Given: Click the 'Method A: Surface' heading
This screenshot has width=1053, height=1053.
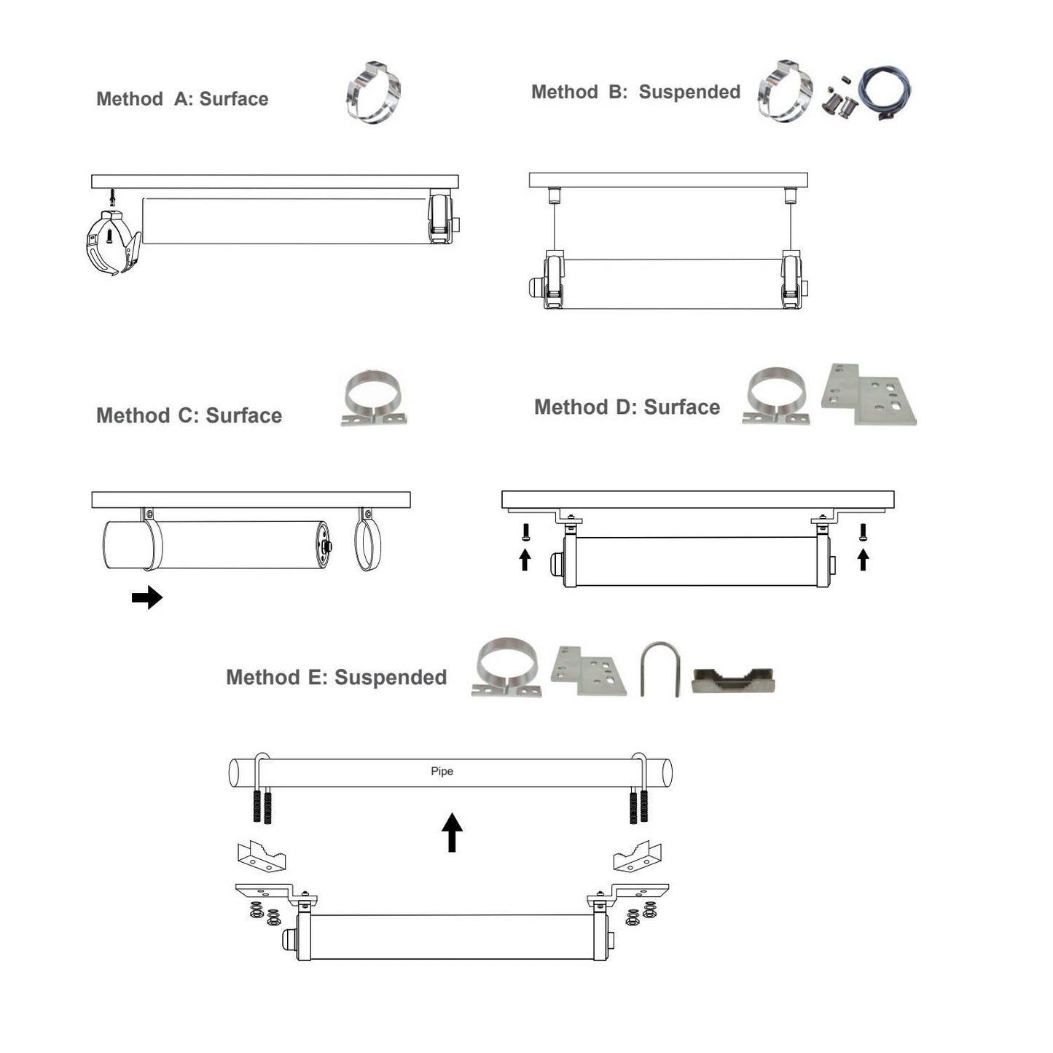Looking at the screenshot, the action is pos(182,99).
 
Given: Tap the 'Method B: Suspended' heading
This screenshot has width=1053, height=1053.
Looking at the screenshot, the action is pos(635,92).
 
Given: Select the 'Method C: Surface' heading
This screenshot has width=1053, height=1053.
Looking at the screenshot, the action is pos(189,415).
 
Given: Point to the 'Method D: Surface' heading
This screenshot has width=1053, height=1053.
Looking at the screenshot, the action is pos(627,407).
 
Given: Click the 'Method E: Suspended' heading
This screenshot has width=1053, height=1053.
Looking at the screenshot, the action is pos(336,677).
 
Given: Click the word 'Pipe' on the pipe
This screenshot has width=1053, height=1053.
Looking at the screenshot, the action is pos(442,771).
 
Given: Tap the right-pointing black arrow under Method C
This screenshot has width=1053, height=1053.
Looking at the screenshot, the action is pos(147,598).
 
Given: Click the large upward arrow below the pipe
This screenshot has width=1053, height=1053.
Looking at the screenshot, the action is pos(452,832).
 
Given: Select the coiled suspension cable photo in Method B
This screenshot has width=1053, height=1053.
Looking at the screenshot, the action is pos(885,92).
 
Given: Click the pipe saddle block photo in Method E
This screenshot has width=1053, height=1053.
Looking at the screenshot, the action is pos(733,681).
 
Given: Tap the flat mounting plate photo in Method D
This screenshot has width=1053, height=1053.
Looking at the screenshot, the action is pos(869,394).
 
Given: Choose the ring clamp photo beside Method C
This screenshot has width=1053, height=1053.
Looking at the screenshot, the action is pos(375,397).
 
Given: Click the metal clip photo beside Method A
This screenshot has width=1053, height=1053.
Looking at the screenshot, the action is pos(374,92).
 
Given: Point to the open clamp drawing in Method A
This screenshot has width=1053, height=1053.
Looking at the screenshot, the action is pos(113,242).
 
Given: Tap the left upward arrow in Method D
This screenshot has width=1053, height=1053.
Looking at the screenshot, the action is pos(525,560).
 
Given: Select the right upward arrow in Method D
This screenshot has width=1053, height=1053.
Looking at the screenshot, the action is pos(863,560).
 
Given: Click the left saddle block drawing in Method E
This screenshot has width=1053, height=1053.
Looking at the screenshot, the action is pos(261,856).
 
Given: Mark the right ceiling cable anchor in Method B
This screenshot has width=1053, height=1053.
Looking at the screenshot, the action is pos(790,195).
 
